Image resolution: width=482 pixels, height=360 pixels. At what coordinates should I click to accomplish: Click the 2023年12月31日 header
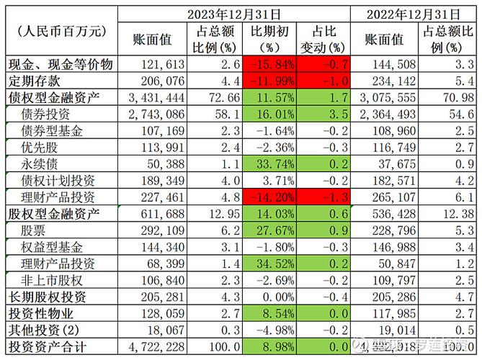click(233, 14)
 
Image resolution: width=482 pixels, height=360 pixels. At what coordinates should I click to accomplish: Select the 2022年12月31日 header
click(412, 14)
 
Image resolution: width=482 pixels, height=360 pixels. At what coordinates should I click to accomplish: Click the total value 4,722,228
click(156, 346)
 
